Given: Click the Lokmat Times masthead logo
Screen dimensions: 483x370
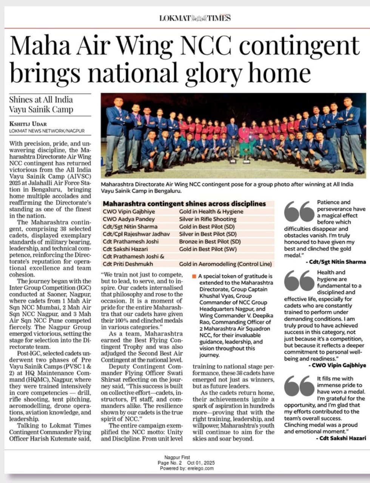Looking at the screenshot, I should (x=195, y=18).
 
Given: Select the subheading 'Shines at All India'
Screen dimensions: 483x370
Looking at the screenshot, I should (x=41, y=100).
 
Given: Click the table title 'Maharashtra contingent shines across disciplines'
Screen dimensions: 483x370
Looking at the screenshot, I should (x=184, y=203).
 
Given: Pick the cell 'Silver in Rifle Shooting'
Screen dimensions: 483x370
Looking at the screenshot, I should (x=208, y=219).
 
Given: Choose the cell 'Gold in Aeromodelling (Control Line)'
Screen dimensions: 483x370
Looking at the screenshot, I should (x=225, y=264).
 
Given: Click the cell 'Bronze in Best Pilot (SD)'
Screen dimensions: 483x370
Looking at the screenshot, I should (x=210, y=241).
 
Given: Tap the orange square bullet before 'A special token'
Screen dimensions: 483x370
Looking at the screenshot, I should (x=194, y=276).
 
